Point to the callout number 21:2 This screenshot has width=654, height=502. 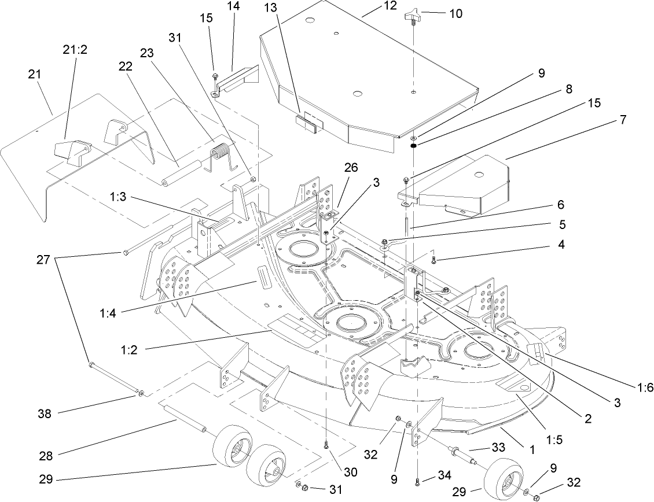pyautogui.click(x=74, y=50)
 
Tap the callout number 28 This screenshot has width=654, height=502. pyautogui.click(x=46, y=455)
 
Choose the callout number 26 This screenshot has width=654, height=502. pyautogui.click(x=351, y=168)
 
